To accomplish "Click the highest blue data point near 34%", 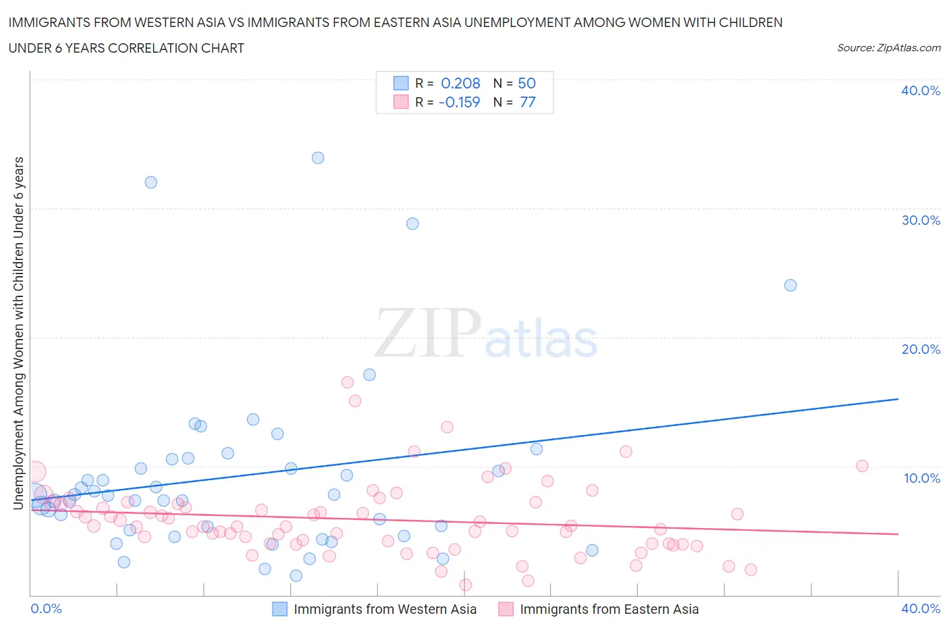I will tap(318, 158).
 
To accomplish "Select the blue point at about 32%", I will tap(151, 182).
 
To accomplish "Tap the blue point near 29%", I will tap(412, 224).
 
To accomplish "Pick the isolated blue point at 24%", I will tap(790, 285).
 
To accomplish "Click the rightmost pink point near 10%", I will tap(862, 466).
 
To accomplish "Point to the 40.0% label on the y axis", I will tap(920, 90).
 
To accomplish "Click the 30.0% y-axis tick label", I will tap(920, 220).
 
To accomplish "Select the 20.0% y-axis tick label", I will tap(920, 349).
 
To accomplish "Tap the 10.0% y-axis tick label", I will tap(921, 478).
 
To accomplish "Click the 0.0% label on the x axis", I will tap(47, 608).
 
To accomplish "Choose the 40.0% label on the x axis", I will tap(920, 608).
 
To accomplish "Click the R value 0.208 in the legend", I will tap(460, 83).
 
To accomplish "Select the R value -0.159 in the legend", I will tap(459, 102).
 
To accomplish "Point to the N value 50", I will tap(526, 83).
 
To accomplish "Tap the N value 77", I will tap(527, 102).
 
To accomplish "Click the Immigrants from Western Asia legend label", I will tap(385, 609).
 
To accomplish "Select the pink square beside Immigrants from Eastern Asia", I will tap(506, 609).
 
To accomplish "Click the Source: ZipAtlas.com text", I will tap(888, 47).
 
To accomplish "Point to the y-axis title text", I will tap(18, 332).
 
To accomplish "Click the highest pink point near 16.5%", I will tap(348, 382).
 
